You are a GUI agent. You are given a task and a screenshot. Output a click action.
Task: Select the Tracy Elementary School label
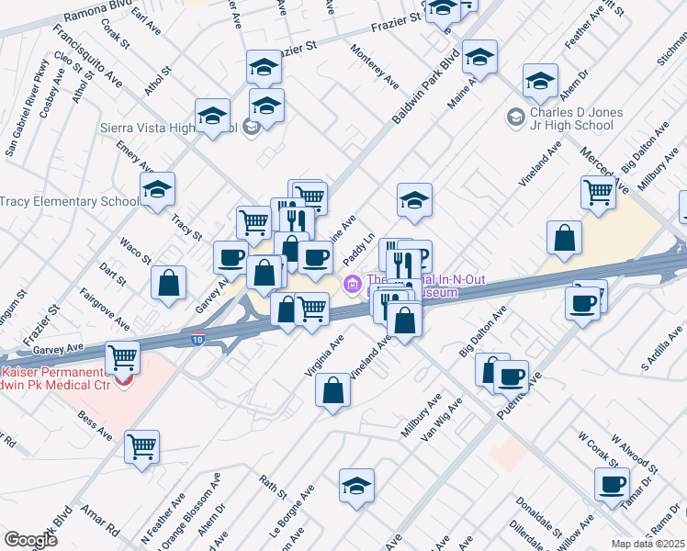(x=70, y=201)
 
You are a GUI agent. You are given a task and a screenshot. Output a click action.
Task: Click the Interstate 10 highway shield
(x=199, y=339)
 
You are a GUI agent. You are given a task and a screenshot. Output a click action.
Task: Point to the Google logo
(x=29, y=539)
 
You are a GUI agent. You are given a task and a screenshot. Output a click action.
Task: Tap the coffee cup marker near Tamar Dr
(x=612, y=484)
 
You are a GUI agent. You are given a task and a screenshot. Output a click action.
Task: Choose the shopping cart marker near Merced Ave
(x=598, y=192)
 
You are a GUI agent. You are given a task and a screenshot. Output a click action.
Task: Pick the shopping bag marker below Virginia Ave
(x=332, y=390)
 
